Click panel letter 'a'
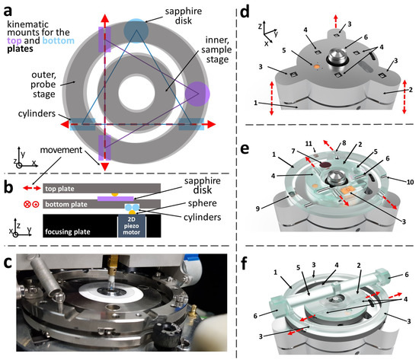point(8,11)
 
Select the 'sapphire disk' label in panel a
point(184,16)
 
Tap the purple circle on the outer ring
point(197,94)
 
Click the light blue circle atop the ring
point(136,30)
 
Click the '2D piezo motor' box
point(132,226)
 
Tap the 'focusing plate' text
point(68,231)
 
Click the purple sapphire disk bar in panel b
point(116,199)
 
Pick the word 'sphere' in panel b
point(203,203)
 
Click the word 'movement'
point(61,150)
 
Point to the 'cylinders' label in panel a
point(37,113)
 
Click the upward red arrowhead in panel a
point(104,18)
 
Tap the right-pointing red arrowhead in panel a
point(211,124)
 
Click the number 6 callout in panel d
point(366,37)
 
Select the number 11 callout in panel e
point(309,144)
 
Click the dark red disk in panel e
point(325,165)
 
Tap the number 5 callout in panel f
point(298,267)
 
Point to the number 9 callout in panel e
point(257,209)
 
